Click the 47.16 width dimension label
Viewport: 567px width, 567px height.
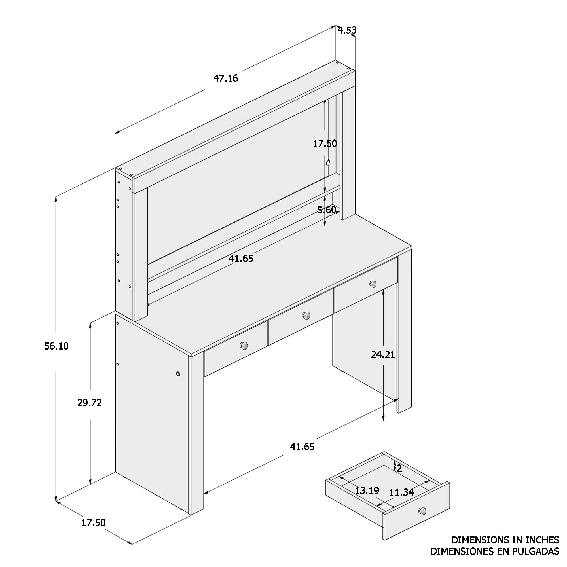(225, 78)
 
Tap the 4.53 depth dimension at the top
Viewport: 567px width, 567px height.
(347, 30)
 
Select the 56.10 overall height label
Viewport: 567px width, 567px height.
(56, 346)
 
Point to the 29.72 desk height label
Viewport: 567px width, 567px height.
(90, 403)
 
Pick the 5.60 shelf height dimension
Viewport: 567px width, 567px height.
(327, 210)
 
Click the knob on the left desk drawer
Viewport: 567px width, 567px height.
(244, 345)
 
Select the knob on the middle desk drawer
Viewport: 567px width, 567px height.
(306, 315)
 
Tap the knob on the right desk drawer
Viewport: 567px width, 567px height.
(373, 284)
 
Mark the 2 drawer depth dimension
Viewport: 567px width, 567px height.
(399, 468)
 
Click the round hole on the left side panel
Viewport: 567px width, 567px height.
(178, 374)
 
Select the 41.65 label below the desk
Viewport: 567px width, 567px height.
(302, 447)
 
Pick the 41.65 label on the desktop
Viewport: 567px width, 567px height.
(241, 259)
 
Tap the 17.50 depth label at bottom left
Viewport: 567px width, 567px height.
(93, 523)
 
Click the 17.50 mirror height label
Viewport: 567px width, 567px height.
(325, 143)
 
